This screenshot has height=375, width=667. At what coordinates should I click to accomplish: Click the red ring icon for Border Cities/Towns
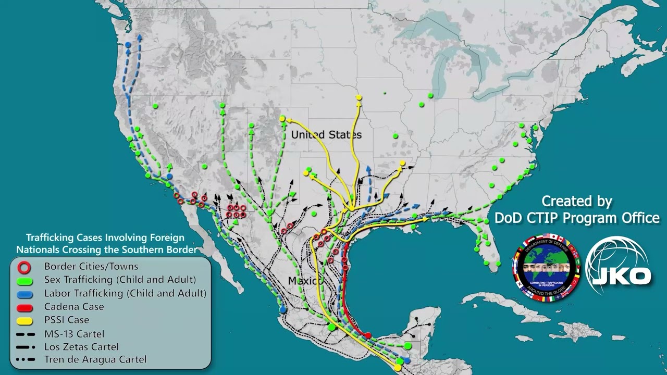(x=24, y=267)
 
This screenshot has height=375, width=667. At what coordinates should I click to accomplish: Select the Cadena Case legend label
(x=74, y=307)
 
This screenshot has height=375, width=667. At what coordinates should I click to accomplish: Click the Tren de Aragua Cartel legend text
(x=95, y=359)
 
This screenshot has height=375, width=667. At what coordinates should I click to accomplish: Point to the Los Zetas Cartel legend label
(x=81, y=347)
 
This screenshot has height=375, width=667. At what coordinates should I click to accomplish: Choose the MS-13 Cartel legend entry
(x=74, y=334)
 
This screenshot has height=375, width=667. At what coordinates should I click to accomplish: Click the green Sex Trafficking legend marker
(x=24, y=281)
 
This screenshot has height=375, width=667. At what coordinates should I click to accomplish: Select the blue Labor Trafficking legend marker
(x=24, y=294)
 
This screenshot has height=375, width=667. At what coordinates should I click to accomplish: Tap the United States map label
(x=326, y=135)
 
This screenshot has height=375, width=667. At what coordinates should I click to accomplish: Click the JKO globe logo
(x=617, y=266)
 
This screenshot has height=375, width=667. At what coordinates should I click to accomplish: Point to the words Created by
(x=576, y=201)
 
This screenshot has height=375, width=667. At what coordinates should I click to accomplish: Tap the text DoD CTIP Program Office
(x=576, y=218)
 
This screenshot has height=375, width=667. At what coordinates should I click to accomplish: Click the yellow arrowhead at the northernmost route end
(x=359, y=98)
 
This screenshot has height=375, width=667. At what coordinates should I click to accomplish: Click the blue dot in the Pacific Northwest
(x=128, y=45)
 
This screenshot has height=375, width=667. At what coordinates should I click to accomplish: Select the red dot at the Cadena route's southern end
(x=368, y=335)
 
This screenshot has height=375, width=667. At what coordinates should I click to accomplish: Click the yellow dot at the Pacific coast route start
(x=398, y=368)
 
